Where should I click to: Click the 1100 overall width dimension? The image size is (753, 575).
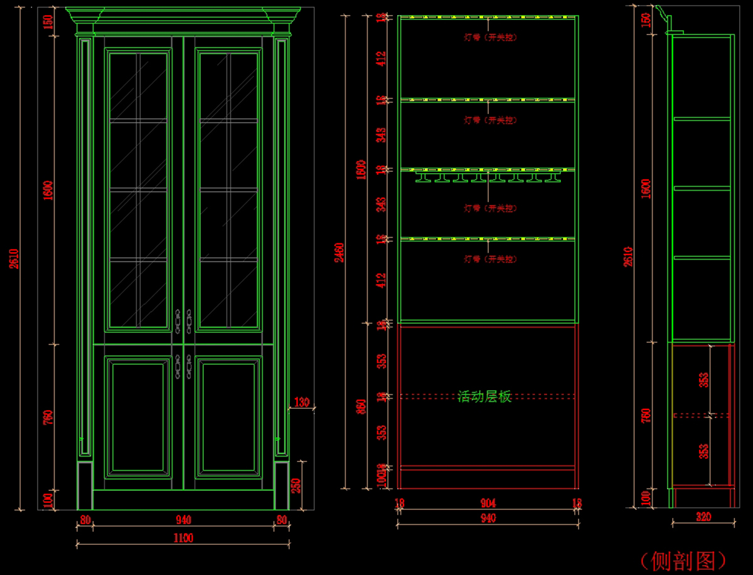click(x=183, y=537)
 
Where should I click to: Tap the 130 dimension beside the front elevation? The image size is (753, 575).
click(x=302, y=403)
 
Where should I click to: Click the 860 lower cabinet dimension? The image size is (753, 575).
click(x=361, y=406)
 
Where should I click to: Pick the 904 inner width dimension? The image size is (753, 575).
click(x=488, y=503)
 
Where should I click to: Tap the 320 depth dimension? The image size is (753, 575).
click(x=703, y=517)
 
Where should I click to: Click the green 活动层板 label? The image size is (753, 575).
click(x=484, y=396)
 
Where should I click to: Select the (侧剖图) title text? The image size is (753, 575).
click(x=683, y=560)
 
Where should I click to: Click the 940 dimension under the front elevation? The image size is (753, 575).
click(x=183, y=519)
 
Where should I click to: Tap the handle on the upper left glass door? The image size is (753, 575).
click(x=178, y=320)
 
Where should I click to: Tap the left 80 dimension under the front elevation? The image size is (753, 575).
click(x=85, y=519)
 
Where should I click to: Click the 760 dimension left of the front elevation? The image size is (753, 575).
click(x=48, y=417)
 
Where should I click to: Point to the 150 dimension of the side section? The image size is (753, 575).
click(x=646, y=20)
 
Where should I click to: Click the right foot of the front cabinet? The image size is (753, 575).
click(x=281, y=486)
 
